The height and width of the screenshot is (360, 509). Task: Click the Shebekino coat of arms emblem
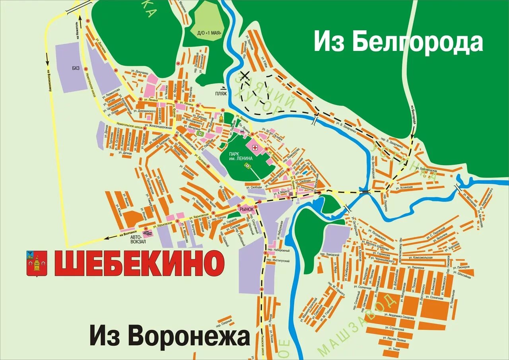(37, 263)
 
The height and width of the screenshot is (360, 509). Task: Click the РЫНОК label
(246, 208)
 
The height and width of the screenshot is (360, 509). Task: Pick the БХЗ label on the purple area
(76, 68)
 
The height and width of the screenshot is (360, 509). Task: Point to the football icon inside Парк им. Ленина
(247, 165)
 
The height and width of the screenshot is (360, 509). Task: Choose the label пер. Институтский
(278, 261)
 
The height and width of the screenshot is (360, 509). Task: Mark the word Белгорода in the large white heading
(418, 43)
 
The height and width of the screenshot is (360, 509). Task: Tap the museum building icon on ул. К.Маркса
(292, 193)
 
